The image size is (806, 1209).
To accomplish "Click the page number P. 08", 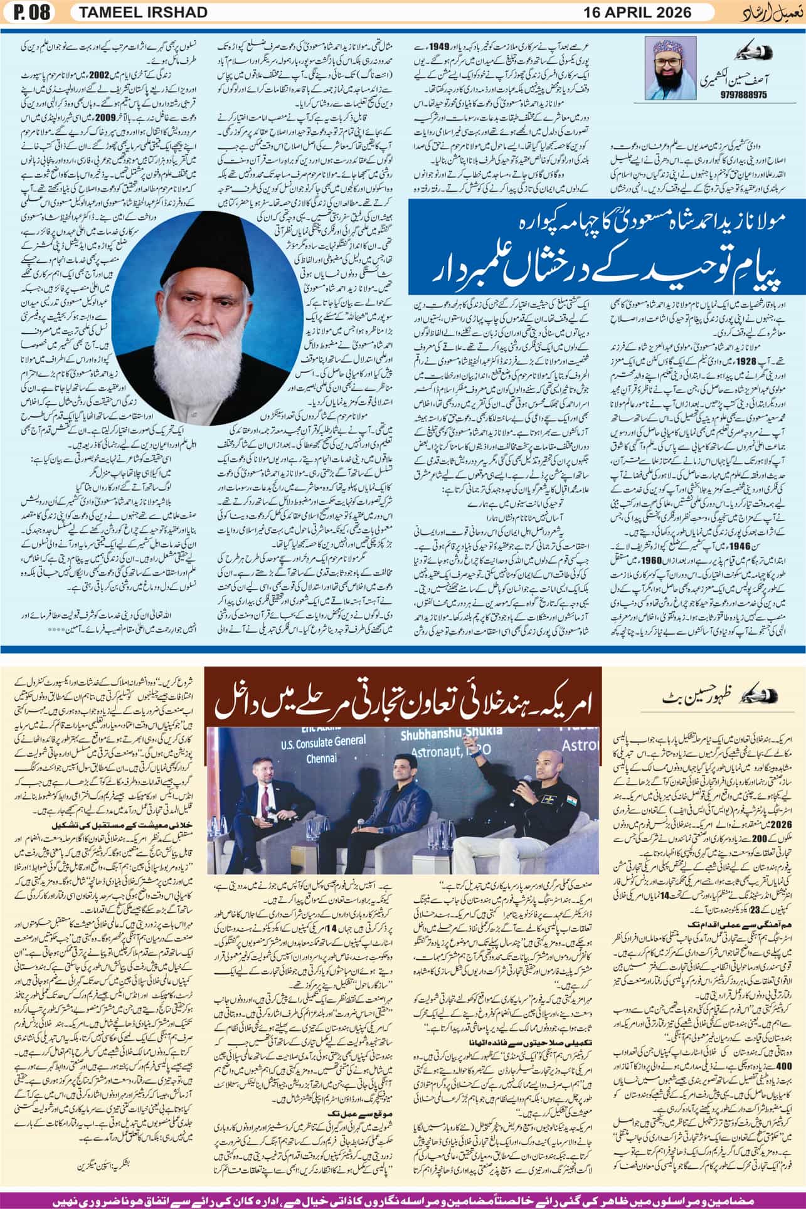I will pos(26,11).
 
